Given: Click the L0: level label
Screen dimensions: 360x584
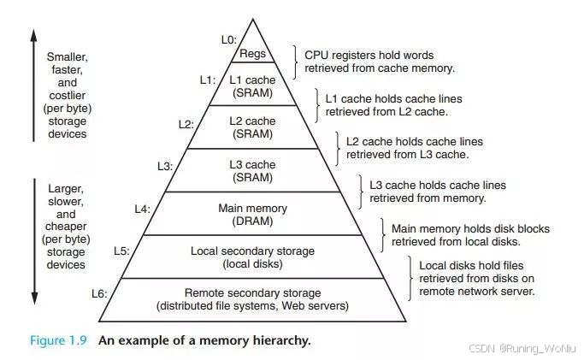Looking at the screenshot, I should point(227,39).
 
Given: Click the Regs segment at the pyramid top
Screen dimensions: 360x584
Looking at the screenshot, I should point(252,53).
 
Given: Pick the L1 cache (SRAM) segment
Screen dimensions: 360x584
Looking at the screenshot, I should point(252,86).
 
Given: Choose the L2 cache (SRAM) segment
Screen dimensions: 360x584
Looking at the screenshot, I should point(252,127).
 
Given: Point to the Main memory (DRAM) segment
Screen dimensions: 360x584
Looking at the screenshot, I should point(252,214).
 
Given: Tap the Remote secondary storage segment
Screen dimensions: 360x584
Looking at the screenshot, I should point(252,299).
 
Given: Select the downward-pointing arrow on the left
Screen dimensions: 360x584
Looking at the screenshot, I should point(33,239).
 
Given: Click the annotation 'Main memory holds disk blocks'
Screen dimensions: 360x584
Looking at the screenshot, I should point(470,229).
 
